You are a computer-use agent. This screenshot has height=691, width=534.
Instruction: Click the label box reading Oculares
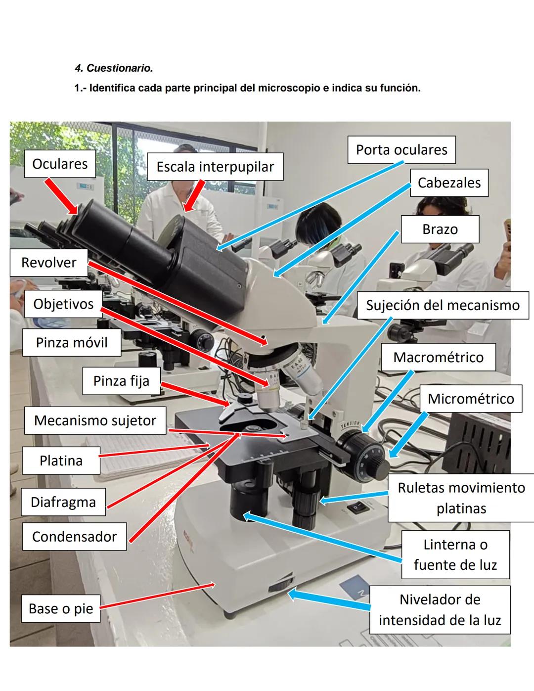tap(60, 164)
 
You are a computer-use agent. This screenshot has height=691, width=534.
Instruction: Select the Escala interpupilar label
tap(215, 167)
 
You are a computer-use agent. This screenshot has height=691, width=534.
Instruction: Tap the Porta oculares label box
tap(401, 150)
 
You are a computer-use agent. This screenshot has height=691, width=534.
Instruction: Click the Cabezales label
tap(449, 183)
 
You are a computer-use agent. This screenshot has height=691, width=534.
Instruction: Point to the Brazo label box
tap(440, 230)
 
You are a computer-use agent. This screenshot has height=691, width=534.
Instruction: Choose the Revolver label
tap(48, 262)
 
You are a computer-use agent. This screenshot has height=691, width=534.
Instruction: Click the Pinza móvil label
tap(72, 343)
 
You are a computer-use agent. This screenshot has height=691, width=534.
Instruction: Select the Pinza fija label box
tap(121, 381)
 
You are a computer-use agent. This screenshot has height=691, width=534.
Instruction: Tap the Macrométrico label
tap(438, 358)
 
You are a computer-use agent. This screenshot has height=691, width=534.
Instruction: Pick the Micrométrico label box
tap(471, 399)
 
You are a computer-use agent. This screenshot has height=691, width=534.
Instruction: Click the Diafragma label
tap(63, 502)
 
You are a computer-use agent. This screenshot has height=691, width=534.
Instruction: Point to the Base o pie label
tap(61, 608)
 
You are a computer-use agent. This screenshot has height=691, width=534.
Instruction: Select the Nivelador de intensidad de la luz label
tap(440, 610)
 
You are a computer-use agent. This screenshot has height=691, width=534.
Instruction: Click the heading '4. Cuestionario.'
tap(114, 68)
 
